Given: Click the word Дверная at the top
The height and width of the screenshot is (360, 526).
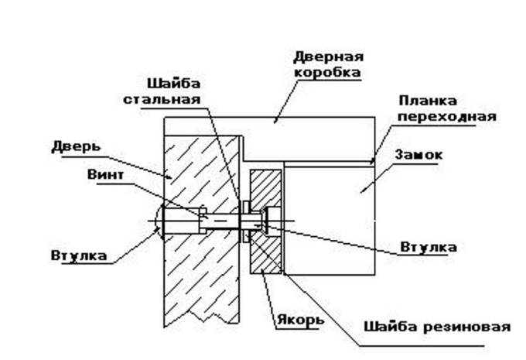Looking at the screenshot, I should [329, 57].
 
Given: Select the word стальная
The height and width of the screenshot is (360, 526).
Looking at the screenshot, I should [162, 99].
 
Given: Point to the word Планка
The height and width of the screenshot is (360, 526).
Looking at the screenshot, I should [428, 101].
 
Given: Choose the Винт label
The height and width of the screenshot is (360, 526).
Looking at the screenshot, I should [106, 175].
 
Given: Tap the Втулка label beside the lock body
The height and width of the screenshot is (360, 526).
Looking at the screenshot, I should [428, 247].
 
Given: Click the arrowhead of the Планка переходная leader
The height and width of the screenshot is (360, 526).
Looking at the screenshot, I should [374, 160].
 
